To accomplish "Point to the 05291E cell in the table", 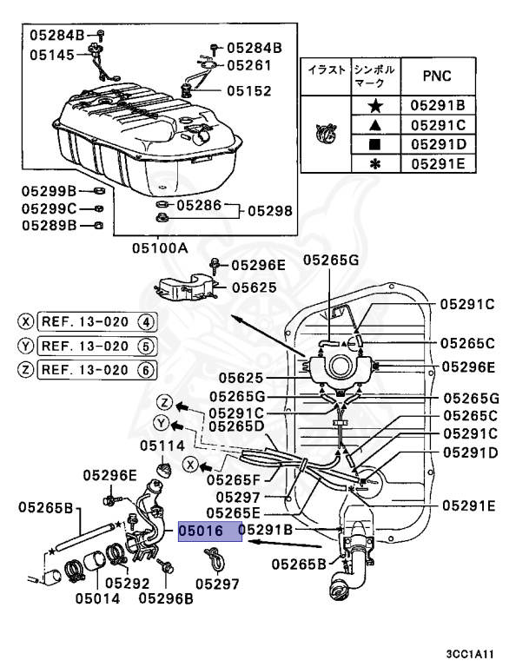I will click(x=438, y=163).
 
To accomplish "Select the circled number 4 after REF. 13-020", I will click(x=146, y=322).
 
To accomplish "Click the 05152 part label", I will click(x=249, y=90).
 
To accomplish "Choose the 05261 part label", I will click(x=251, y=64).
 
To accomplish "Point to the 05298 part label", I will click(x=270, y=211).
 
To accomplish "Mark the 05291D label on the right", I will click(x=469, y=452).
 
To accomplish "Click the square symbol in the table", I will click(x=375, y=144).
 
